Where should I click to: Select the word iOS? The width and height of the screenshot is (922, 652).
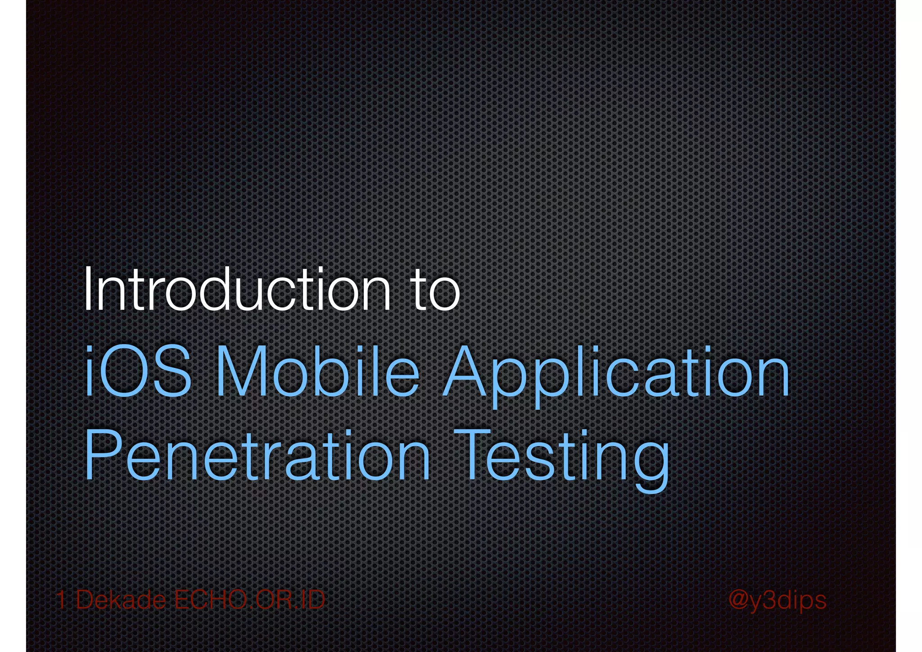pos(138,371)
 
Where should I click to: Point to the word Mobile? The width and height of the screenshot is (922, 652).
pos(317,371)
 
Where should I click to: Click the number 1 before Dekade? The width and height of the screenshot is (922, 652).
pos(62,600)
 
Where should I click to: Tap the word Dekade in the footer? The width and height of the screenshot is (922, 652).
pos(121,600)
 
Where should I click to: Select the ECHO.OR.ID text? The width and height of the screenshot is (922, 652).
pos(249,600)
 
